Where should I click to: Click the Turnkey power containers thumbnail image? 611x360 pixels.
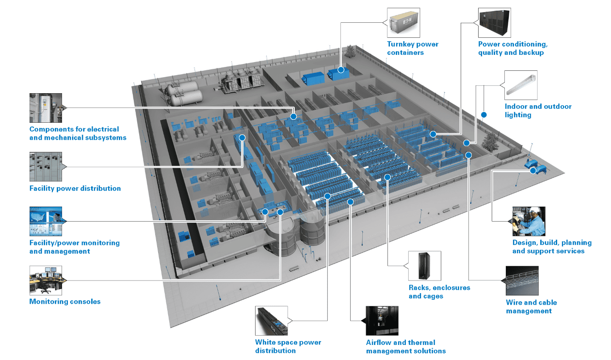[x=403, y=23]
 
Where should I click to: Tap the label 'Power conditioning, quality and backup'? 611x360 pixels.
[x=513, y=48]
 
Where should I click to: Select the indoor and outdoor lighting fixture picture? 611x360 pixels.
[x=521, y=85]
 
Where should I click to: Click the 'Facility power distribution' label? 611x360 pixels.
[x=75, y=188]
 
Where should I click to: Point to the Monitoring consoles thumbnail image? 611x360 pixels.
[x=46, y=280]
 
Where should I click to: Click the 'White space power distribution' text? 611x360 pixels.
[x=288, y=346]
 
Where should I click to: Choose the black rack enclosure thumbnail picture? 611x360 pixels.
[x=424, y=266]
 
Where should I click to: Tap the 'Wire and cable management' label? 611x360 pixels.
[x=531, y=306]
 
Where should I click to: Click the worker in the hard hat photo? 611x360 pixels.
[x=529, y=221]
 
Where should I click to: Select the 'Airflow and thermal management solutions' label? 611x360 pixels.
[x=406, y=346]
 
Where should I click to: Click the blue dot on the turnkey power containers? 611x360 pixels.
[x=341, y=70]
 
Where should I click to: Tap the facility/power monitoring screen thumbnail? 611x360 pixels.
[x=46, y=221]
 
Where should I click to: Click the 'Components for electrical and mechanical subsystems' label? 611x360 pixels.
[x=78, y=133]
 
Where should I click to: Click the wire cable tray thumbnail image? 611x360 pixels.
[x=522, y=280]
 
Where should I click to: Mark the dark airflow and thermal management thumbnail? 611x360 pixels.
[x=382, y=321]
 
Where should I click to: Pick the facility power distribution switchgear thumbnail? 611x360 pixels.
[x=46, y=166]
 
